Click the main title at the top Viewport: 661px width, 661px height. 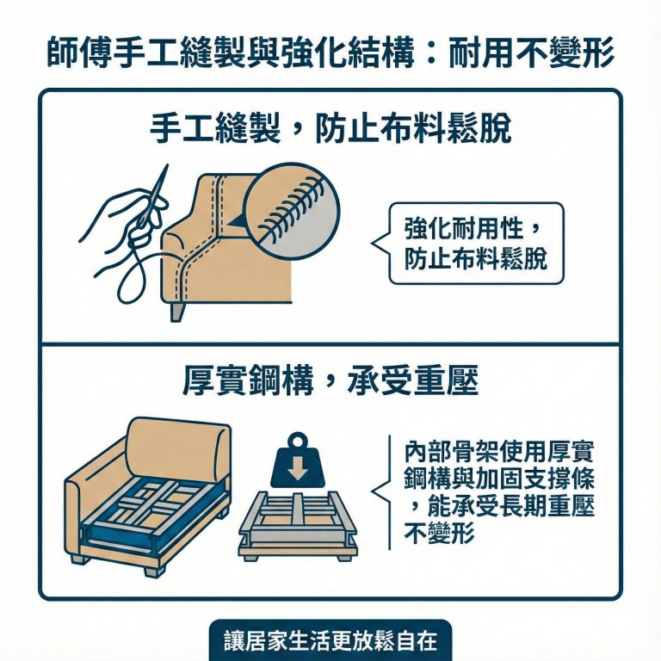(x=330, y=53)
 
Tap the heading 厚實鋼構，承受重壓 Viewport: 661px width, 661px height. (x=330, y=381)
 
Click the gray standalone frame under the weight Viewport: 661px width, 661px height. (x=297, y=525)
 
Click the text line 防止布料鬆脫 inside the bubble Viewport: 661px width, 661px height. (x=476, y=258)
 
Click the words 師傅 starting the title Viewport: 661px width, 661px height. (x=77, y=53)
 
